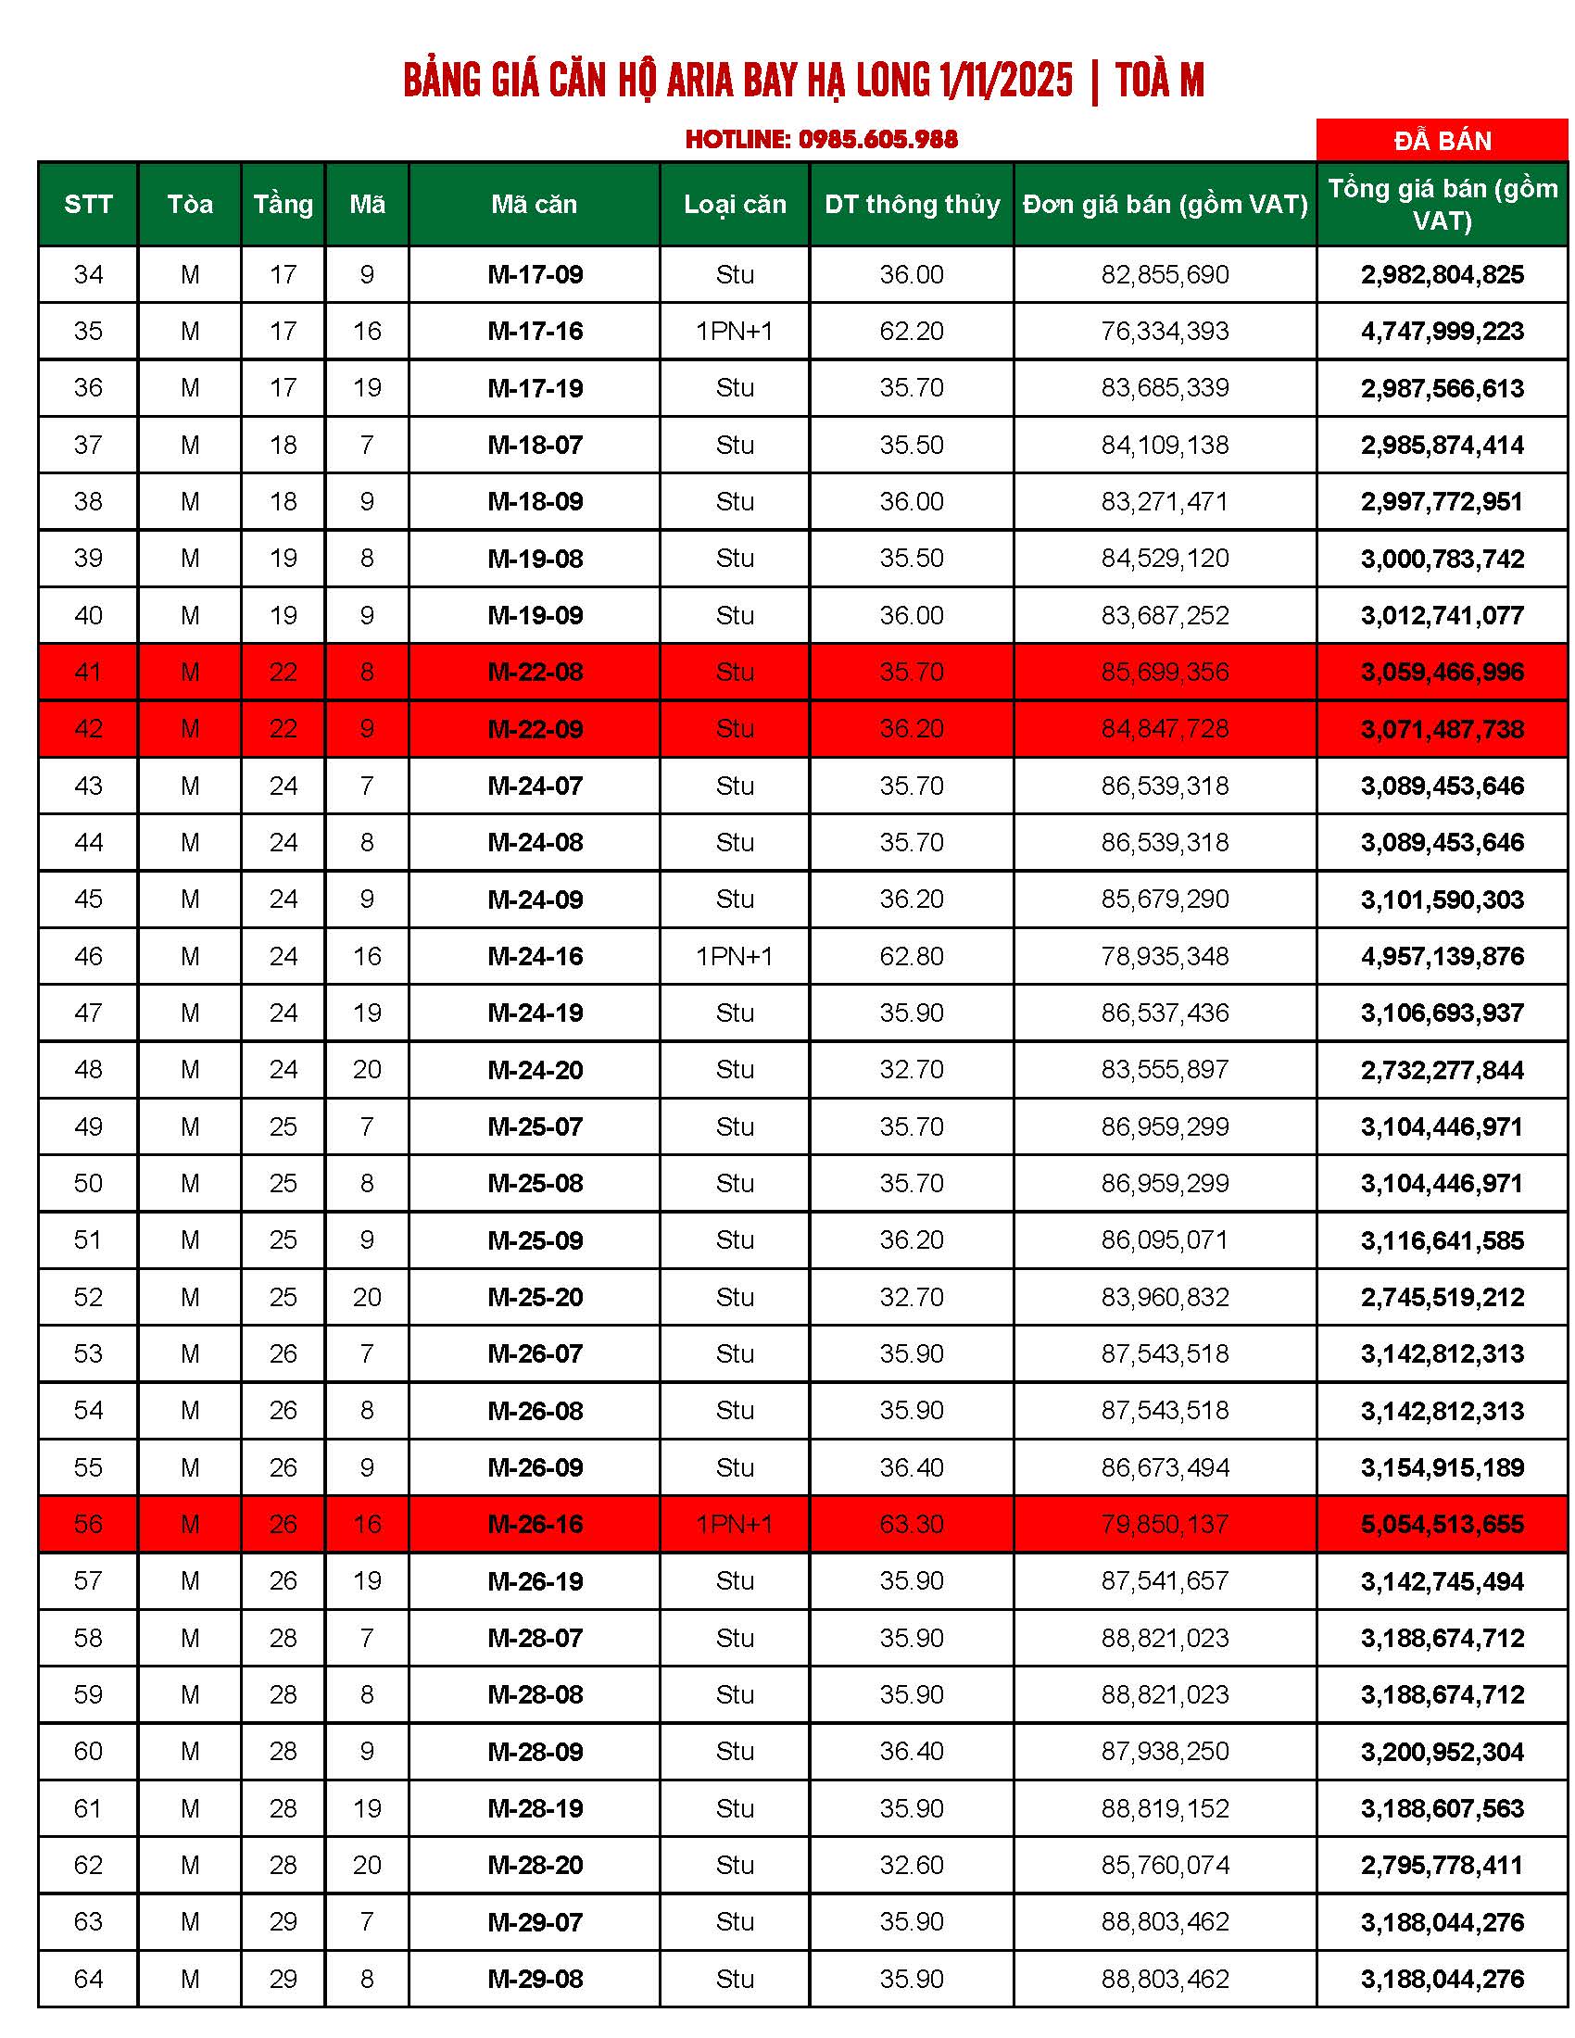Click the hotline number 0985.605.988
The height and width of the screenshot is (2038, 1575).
[877, 139]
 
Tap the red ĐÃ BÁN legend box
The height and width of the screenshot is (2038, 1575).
[1442, 140]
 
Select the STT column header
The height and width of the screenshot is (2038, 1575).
[88, 205]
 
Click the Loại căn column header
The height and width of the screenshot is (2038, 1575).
[735, 205]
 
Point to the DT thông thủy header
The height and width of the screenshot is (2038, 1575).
[912, 205]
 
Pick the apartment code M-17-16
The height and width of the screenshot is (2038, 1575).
[535, 332]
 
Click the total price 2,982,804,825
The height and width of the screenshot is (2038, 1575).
[1442, 274]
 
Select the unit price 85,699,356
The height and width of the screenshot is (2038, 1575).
[1165, 672]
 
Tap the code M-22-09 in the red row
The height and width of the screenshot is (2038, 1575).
[535, 729]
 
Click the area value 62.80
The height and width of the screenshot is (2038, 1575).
[912, 957]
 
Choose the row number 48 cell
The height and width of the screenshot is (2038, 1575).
[88, 1069]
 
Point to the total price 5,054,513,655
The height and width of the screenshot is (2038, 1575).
[1442, 1525]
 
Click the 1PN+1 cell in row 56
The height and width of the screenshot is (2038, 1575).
[735, 1525]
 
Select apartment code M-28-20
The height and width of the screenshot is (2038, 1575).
[535, 1866]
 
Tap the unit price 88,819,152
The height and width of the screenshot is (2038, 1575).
[1165, 1808]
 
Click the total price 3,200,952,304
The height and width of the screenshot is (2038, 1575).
[1442, 1752]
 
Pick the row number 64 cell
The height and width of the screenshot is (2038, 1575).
[88, 1980]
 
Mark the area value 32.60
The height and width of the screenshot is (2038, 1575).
[912, 1866]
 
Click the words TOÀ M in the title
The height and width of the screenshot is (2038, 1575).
[1159, 81]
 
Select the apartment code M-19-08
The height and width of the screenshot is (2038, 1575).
[535, 559]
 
